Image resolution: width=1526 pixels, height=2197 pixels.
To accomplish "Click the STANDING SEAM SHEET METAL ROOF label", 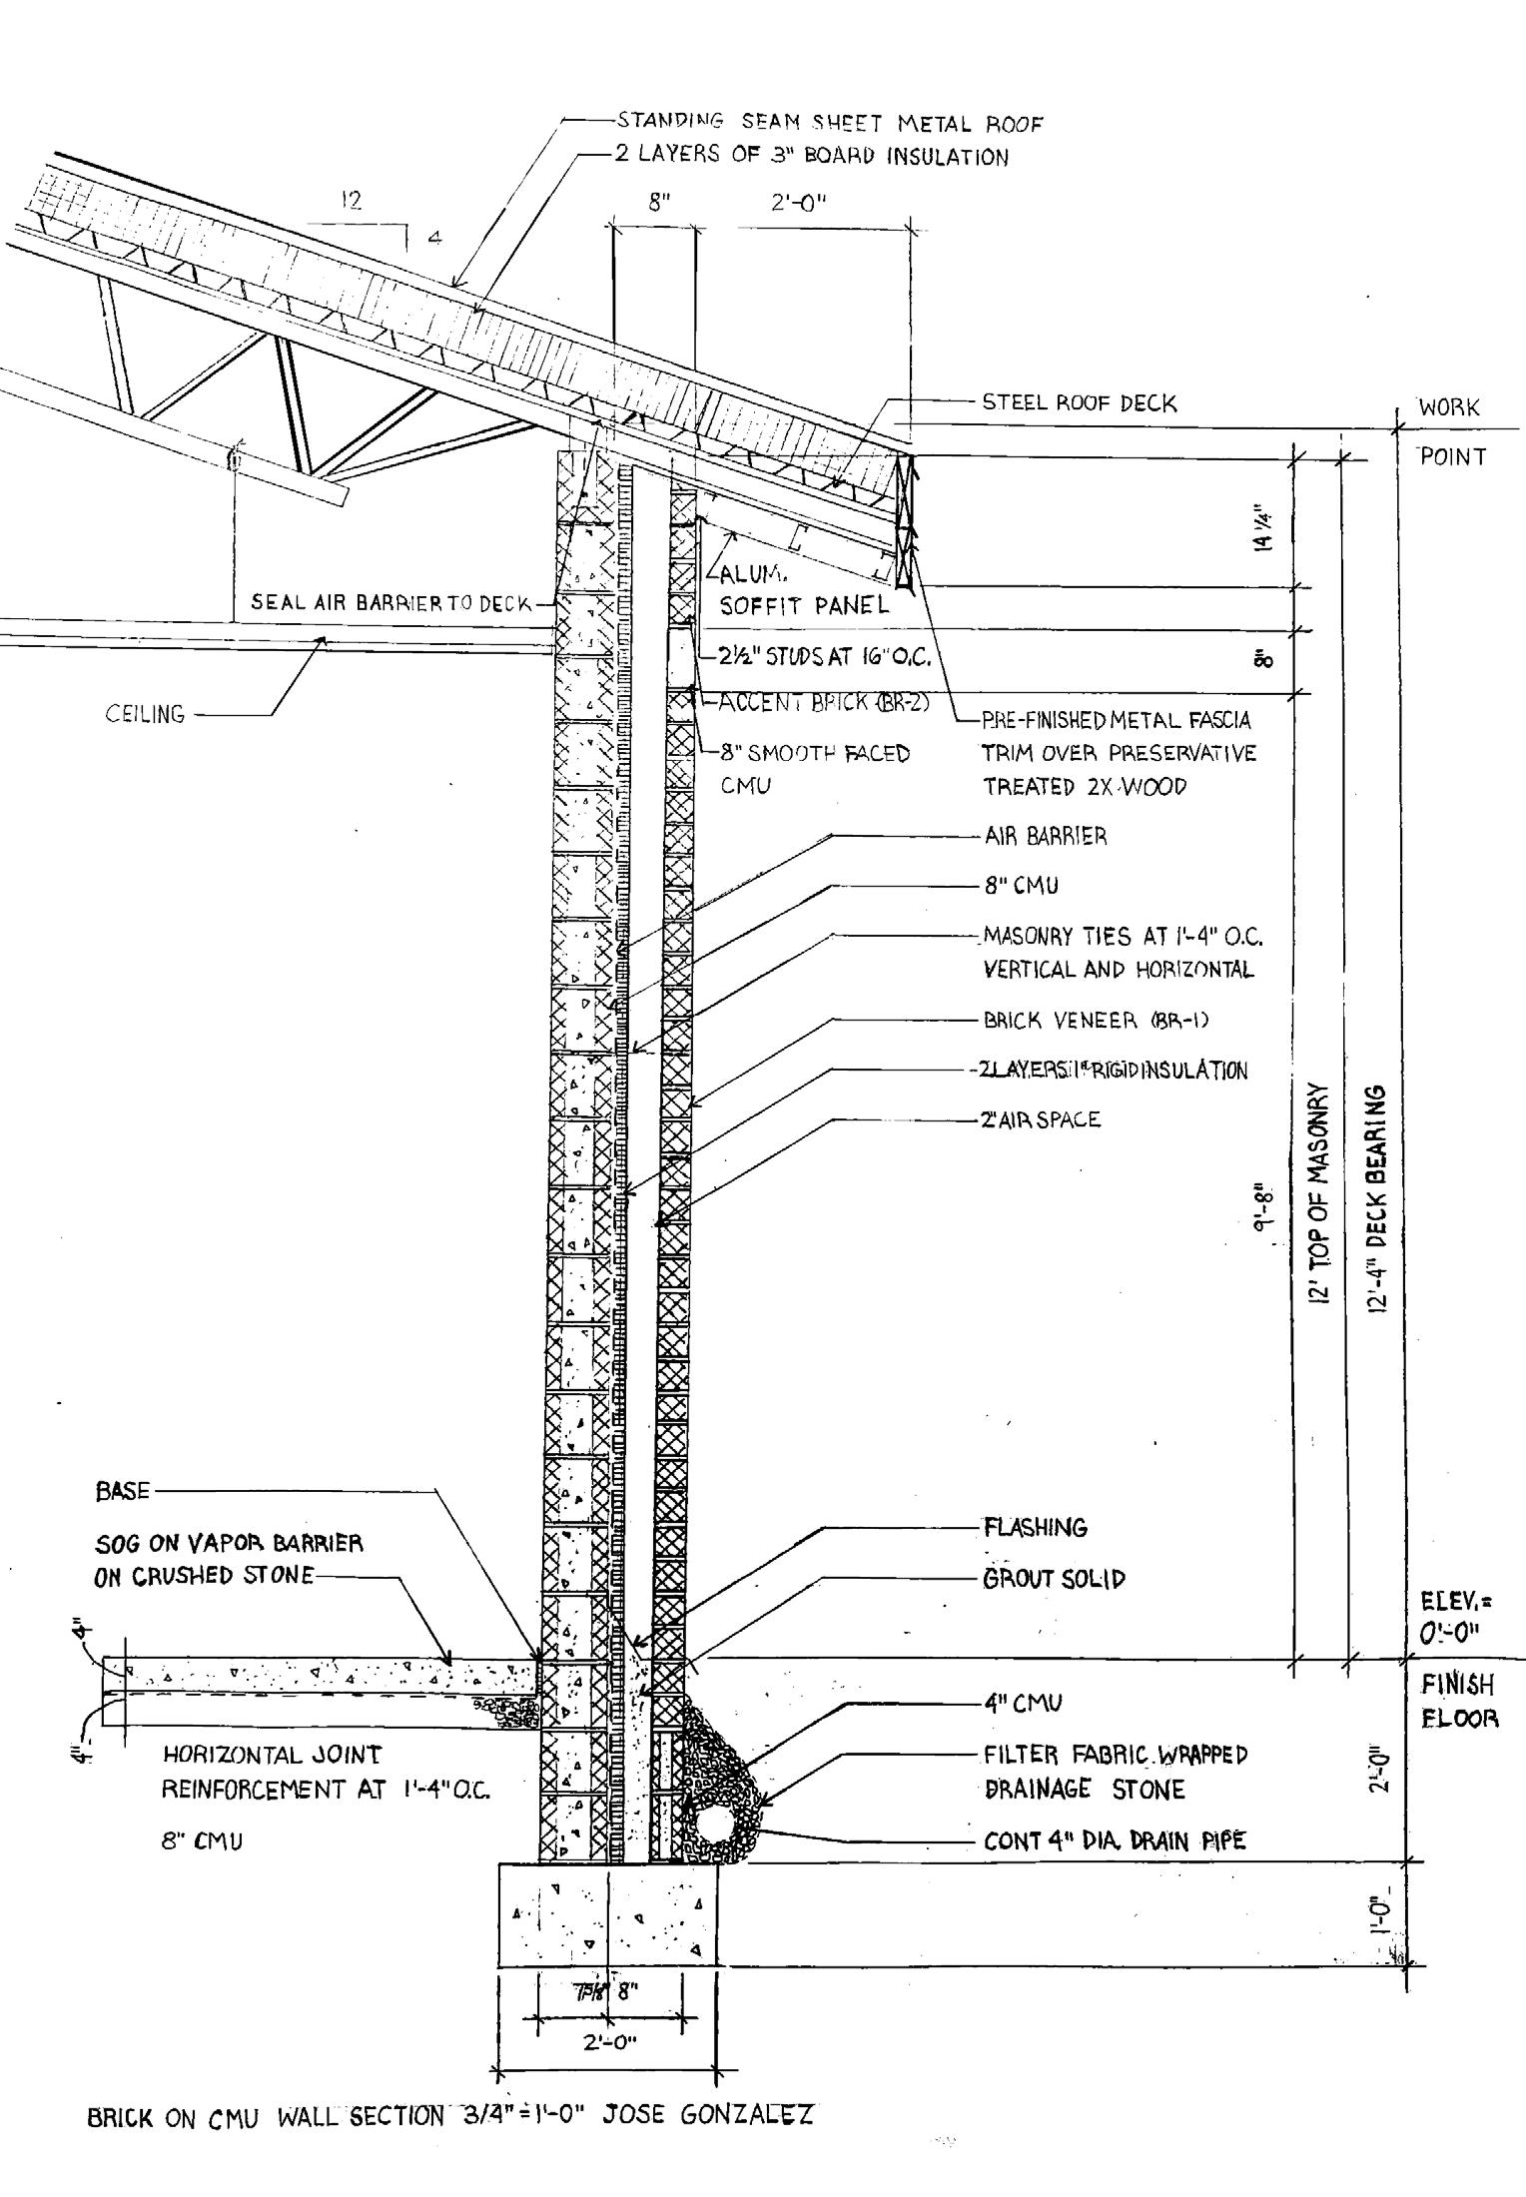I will coord(829,123).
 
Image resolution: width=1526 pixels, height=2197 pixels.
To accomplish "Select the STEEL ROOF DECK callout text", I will coord(1079,402).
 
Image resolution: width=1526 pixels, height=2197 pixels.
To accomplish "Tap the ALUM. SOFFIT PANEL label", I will coord(803,590).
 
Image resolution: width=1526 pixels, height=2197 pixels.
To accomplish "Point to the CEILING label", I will coord(145,714).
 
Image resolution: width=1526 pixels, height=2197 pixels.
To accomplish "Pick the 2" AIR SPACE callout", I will coord(1042,1119).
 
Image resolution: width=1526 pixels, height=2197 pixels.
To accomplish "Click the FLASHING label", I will coord(1035,1527).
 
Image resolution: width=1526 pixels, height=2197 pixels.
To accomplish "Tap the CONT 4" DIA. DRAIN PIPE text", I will coord(1114,1840).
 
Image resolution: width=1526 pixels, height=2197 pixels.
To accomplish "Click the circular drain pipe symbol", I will coord(715,1823).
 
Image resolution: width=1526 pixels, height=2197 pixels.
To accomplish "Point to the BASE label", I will coord(122,1491).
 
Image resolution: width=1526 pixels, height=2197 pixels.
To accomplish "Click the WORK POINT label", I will coord(1450,431).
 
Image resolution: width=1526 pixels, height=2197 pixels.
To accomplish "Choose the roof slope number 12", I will coord(351,200).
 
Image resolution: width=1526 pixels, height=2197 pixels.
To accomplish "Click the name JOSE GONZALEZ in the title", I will coord(707,2115).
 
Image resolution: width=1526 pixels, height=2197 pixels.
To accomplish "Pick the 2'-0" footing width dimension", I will coord(609,2042).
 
